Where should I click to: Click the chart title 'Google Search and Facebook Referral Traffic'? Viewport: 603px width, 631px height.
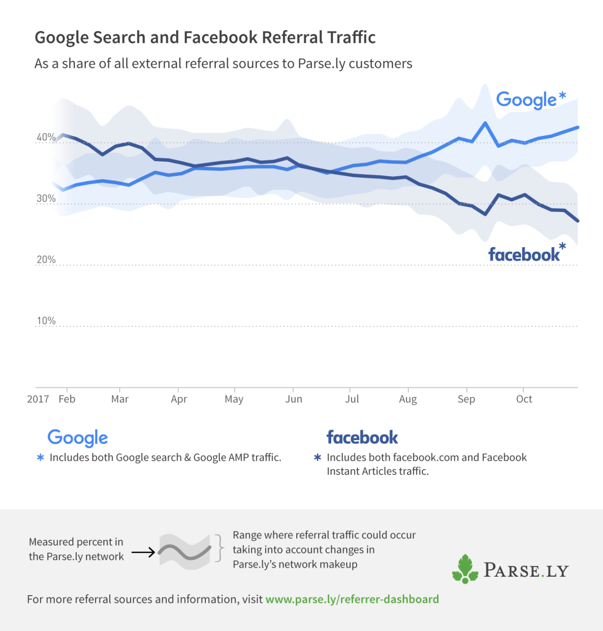point(205,37)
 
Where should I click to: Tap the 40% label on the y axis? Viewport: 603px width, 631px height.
point(46,137)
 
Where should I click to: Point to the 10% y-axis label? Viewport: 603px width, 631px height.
point(46,321)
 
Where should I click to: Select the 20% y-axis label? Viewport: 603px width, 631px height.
point(46,260)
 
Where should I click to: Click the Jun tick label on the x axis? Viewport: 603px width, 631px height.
point(293,399)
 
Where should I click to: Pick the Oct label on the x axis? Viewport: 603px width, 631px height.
point(524,399)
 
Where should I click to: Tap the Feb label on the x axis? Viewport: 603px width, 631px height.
point(67,399)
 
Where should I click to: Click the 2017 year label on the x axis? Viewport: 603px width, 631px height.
point(38,399)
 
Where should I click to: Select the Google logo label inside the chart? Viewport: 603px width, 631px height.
point(527,100)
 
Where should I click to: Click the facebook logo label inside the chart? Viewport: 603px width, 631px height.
point(524,255)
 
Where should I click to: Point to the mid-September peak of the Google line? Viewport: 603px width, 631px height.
point(485,123)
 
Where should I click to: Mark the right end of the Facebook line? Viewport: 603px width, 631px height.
point(578,221)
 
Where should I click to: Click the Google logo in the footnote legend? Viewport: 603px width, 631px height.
point(78,438)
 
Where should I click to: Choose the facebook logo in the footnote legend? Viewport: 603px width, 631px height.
point(362,438)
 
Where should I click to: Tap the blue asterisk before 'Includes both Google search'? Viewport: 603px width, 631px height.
point(41,458)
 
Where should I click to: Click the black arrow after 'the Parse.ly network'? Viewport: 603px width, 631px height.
point(143,552)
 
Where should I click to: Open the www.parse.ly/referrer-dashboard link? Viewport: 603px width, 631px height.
point(352,599)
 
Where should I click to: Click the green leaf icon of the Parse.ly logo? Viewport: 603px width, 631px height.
point(465,569)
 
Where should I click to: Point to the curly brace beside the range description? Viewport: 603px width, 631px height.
point(219,549)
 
